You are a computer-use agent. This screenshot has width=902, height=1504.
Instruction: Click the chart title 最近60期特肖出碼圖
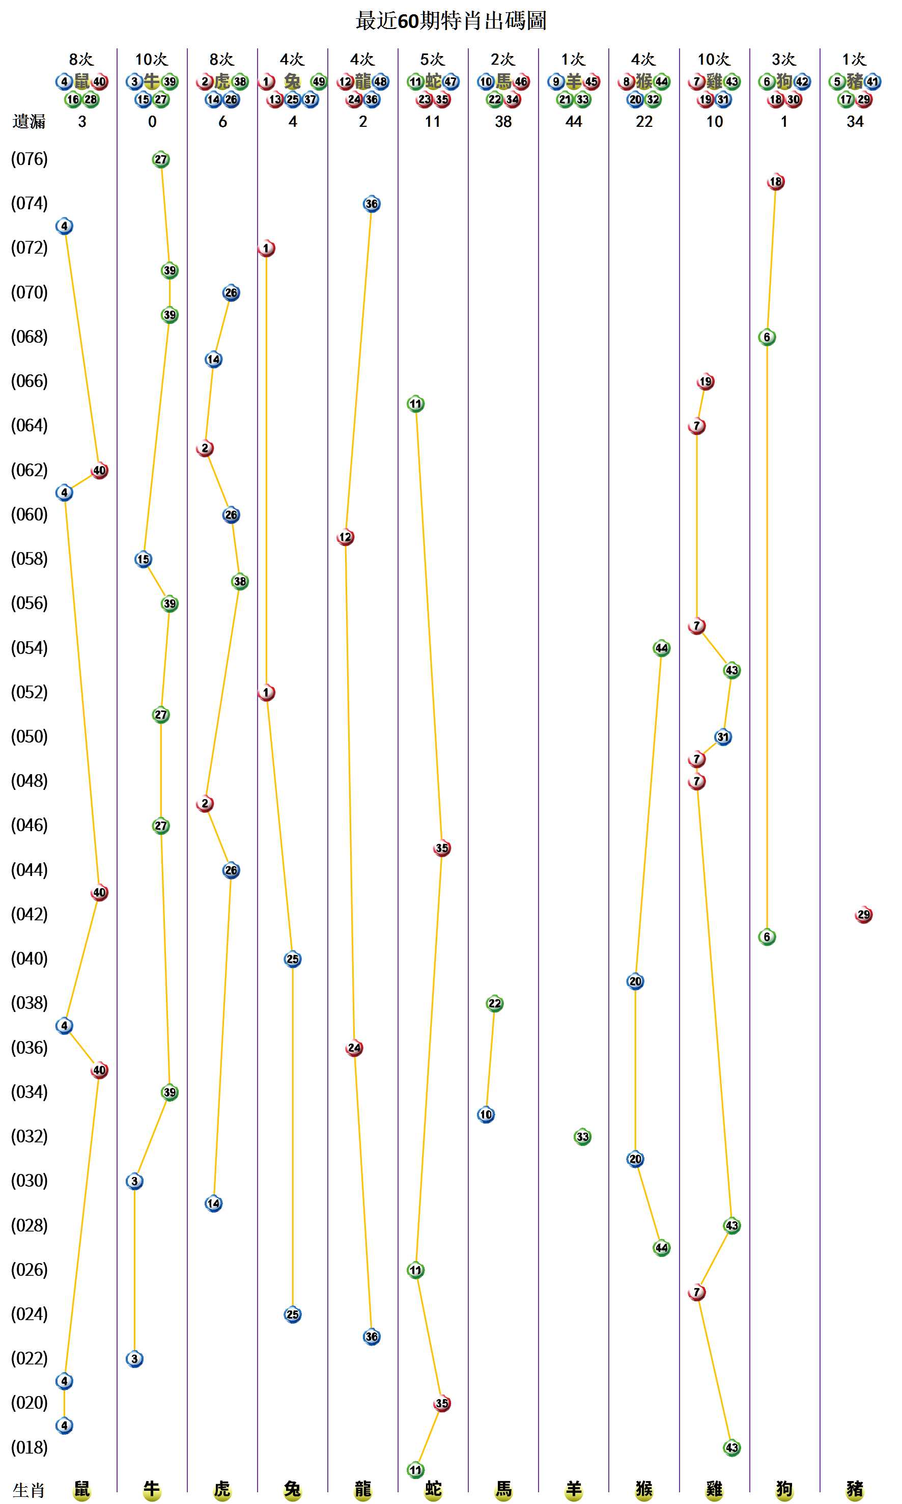(450, 21)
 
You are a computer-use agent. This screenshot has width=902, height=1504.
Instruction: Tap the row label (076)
(29, 159)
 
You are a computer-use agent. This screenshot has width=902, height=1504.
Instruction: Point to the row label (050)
(29, 736)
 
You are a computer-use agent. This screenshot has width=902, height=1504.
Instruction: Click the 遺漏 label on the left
(29, 122)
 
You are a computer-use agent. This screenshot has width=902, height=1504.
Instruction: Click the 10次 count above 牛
(151, 59)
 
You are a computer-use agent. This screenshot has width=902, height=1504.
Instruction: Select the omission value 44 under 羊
(573, 122)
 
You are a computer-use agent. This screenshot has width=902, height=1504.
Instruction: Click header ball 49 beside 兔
(319, 81)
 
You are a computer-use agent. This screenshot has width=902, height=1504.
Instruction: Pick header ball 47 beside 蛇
(450, 81)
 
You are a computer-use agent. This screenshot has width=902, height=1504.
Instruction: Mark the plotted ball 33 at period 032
(582, 1137)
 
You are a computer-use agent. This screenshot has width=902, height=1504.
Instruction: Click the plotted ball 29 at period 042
(863, 914)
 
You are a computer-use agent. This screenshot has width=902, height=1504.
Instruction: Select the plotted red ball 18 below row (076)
(776, 181)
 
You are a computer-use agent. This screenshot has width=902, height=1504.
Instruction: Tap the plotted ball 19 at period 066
(705, 381)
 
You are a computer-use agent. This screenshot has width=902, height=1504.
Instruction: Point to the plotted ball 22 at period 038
(494, 1003)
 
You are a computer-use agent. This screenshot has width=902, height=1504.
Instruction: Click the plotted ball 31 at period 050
(722, 736)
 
